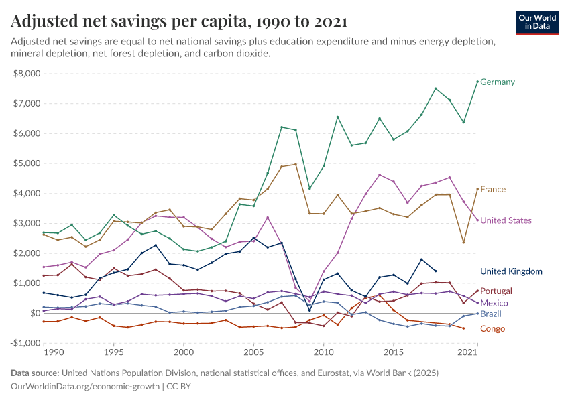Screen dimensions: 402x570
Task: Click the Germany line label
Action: [x=498, y=82]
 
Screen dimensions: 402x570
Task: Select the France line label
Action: [x=493, y=190]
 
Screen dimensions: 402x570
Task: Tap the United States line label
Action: [x=506, y=220]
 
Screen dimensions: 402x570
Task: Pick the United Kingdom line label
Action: [x=511, y=271]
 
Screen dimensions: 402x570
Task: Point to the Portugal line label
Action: [x=496, y=291]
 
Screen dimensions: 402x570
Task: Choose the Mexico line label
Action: [x=495, y=303]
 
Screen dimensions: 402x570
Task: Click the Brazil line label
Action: [x=492, y=314]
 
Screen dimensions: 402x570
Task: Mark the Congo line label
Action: [x=492, y=329]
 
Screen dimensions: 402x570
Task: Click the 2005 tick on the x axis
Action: [x=253, y=352]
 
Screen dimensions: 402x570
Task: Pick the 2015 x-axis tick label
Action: [x=394, y=352]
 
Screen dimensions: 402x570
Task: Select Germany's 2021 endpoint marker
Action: [x=477, y=82]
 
